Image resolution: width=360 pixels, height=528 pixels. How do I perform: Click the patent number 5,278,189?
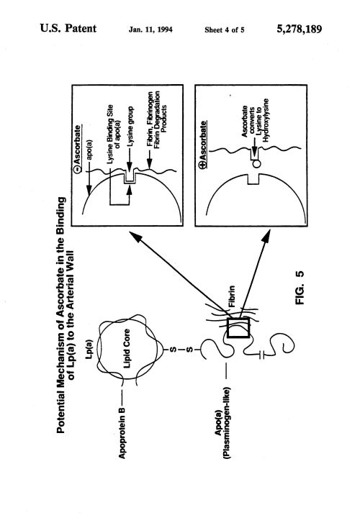[x=300, y=29]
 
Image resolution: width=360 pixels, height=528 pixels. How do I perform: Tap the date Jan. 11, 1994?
[x=150, y=29]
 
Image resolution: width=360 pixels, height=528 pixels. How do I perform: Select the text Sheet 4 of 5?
[x=225, y=30]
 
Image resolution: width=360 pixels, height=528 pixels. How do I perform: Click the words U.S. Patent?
[x=68, y=28]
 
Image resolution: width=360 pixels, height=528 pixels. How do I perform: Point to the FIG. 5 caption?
[x=300, y=288]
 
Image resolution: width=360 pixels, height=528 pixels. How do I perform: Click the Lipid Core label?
[x=127, y=348]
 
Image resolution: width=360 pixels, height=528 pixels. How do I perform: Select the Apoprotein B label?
[x=122, y=433]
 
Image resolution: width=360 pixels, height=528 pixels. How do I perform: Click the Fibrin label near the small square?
[x=232, y=296]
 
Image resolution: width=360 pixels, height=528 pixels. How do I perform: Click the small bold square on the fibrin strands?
[x=238, y=327]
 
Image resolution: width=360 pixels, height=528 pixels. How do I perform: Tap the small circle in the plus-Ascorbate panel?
[x=257, y=164]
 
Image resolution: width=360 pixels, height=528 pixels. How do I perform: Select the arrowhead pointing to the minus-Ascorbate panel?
[x=135, y=237]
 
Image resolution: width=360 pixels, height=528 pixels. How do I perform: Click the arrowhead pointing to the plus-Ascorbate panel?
[x=266, y=237]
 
